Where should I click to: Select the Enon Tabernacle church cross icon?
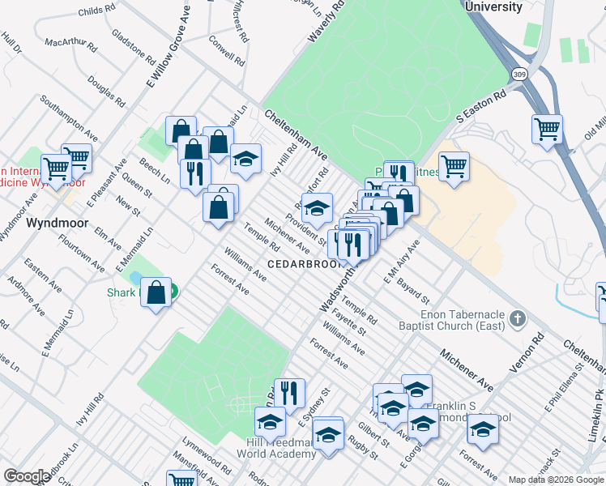pyautogui.click(x=519, y=317)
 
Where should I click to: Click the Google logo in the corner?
pyautogui.click(x=27, y=476)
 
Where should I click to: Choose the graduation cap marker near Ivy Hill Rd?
pyautogui.click(x=246, y=159)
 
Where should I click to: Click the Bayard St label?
pyautogui.click(x=412, y=288)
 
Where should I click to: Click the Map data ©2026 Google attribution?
pyautogui.click(x=556, y=480)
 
